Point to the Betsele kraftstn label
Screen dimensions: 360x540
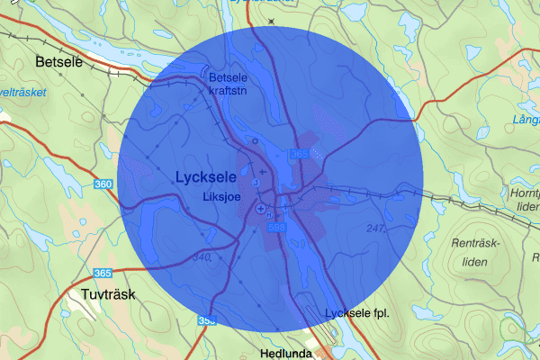pyautogui.click(x=232, y=84)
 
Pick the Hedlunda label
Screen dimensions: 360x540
pyautogui.click(x=285, y=353)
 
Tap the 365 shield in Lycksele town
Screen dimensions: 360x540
pyautogui.click(x=300, y=155)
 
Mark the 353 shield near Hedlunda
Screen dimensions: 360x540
pyautogui.click(x=207, y=320)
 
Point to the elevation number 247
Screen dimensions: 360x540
pyautogui.click(x=375, y=229)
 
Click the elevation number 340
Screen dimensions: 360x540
pyautogui.click(x=201, y=258)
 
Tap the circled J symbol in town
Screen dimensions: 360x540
pyautogui.click(x=255, y=184)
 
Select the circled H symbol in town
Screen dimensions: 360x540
pyautogui.click(x=255, y=141)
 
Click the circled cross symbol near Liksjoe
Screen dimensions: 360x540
pyautogui.click(x=261, y=209)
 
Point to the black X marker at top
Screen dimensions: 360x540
pyautogui.click(x=271, y=20)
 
